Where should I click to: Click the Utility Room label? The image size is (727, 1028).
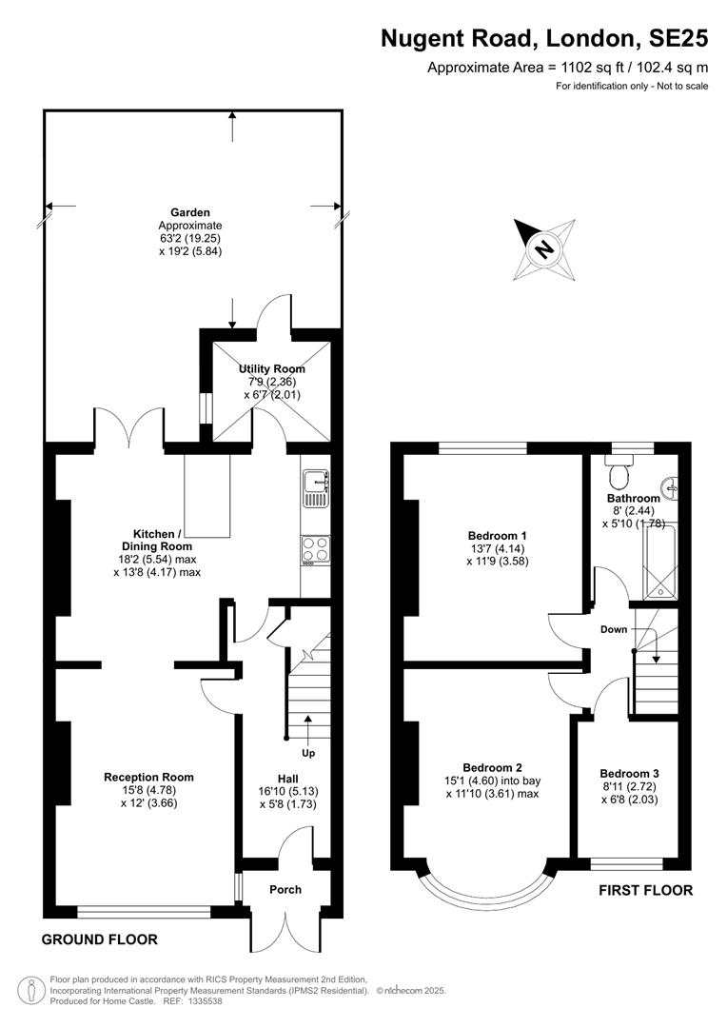[x=271, y=369]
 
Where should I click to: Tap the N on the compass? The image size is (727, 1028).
[x=543, y=249]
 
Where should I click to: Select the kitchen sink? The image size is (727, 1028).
[x=316, y=487]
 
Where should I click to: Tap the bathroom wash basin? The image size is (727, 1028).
[x=670, y=485]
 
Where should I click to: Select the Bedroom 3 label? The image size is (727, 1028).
[x=629, y=774]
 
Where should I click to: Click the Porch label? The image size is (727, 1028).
[x=285, y=890]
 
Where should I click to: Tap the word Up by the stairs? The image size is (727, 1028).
[x=308, y=753]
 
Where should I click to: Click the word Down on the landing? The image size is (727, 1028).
[x=614, y=629]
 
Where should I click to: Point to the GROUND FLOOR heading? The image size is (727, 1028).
[x=100, y=939]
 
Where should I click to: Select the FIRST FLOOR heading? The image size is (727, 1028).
[x=646, y=890]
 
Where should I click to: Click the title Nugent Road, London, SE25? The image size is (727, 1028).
[x=544, y=39]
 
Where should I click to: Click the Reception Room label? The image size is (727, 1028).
[x=148, y=778]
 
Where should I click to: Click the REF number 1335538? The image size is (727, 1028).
[x=204, y=1001]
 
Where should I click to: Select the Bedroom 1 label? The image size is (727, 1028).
[x=497, y=536]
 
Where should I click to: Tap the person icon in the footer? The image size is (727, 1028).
[x=30, y=990]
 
